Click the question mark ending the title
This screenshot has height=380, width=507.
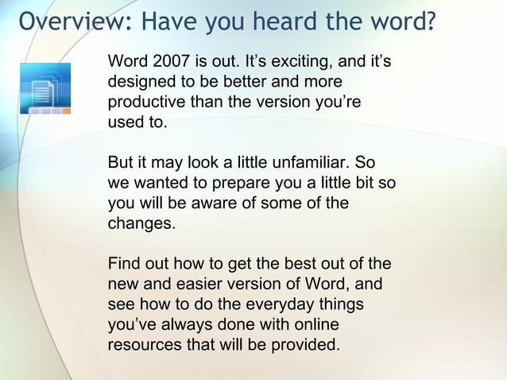pyautogui.click(x=430, y=21)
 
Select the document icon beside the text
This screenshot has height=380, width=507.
pyautogui.click(x=45, y=90)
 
